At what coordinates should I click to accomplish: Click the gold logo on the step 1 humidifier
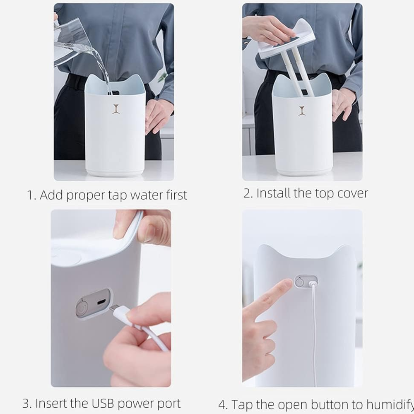tap(116, 109)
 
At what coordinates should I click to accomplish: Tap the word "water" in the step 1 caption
tap(147, 195)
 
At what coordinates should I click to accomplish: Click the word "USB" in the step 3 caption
tap(103, 403)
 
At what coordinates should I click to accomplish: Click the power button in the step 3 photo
tap(82, 308)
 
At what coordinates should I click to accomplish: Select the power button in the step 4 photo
tap(299, 282)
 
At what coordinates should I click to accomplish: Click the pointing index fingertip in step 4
tap(287, 284)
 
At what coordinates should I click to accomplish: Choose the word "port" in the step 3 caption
tap(169, 404)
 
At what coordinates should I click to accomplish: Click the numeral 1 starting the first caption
tap(30, 195)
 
